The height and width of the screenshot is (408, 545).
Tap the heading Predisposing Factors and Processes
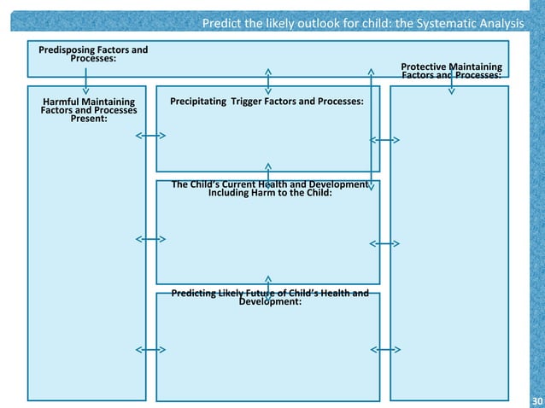click(x=93, y=54)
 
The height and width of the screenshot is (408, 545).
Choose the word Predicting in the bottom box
click(x=199, y=294)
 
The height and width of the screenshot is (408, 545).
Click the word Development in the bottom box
click(x=269, y=303)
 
